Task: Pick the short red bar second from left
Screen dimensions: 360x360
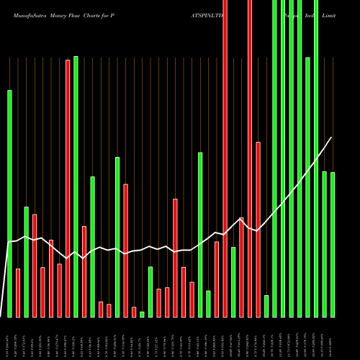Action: pyautogui.click(x=18, y=292)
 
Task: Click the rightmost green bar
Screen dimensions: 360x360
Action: pyautogui.click(x=333, y=244)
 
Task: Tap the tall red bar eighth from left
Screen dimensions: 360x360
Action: pyautogui.click(x=68, y=188)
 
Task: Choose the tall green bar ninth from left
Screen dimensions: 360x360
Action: pyautogui.click(x=76, y=186)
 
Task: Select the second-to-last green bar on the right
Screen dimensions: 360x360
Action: pyautogui.click(x=325, y=244)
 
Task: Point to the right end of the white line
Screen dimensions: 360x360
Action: pyautogui.click(x=332, y=137)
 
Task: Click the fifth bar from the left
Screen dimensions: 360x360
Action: pyautogui.click(x=42, y=292)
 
